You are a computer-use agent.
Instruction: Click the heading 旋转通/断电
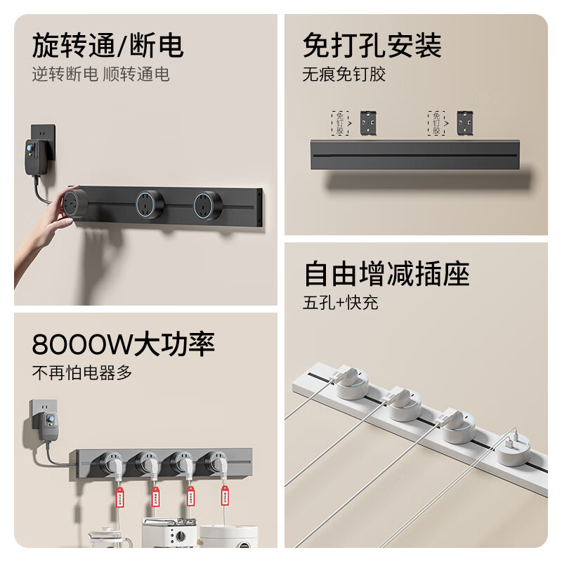[108, 46]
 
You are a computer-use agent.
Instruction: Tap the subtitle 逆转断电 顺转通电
[100, 74]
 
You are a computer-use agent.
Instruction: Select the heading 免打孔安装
[372, 46]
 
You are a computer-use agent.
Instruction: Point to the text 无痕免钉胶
[344, 74]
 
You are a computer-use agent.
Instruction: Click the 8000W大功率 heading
[124, 344]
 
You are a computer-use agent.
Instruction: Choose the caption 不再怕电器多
[82, 372]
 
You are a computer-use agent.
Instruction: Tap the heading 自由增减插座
[386, 273]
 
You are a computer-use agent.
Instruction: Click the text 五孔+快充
[341, 303]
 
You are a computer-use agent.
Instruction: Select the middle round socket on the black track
[149, 204]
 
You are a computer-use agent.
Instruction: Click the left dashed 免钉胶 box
[340, 122]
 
